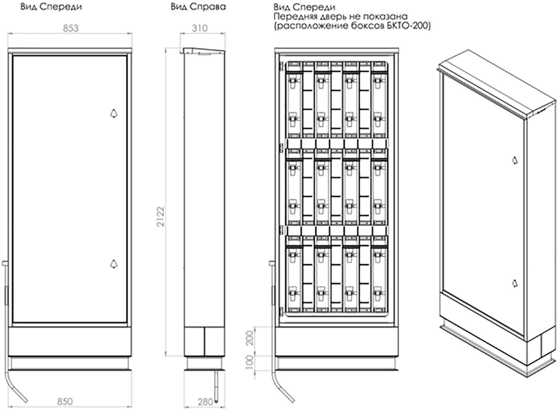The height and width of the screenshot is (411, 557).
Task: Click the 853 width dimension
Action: pos(71,28)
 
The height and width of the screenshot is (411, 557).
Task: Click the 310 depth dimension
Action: pos(199,28)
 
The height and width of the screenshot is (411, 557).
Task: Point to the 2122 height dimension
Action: pos(161,216)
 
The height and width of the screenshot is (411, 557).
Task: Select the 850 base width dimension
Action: pos(65,402)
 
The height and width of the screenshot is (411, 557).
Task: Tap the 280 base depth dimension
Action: pos(206,402)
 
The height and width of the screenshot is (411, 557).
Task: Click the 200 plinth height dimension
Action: pos(250,338)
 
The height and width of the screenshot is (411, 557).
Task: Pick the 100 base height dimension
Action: pos(250,363)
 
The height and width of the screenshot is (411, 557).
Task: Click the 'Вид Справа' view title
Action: pos(198,7)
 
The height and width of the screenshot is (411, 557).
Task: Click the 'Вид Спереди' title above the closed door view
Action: pos(51,7)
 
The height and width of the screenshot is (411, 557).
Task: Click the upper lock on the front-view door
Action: pos(114,113)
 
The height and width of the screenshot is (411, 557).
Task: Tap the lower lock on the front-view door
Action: pos(114,263)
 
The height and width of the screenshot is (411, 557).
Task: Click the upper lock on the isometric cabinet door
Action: pos(514,160)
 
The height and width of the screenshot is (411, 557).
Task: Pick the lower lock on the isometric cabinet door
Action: pos(514,283)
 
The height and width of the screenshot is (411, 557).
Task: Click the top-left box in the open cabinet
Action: pos(294,100)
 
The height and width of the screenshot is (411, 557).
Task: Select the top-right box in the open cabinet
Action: pos(379,100)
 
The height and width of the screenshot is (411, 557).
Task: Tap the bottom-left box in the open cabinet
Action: pos(294,274)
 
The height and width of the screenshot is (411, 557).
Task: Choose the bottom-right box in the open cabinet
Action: pos(379,274)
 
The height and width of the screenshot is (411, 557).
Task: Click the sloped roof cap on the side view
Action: pos(203,51)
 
